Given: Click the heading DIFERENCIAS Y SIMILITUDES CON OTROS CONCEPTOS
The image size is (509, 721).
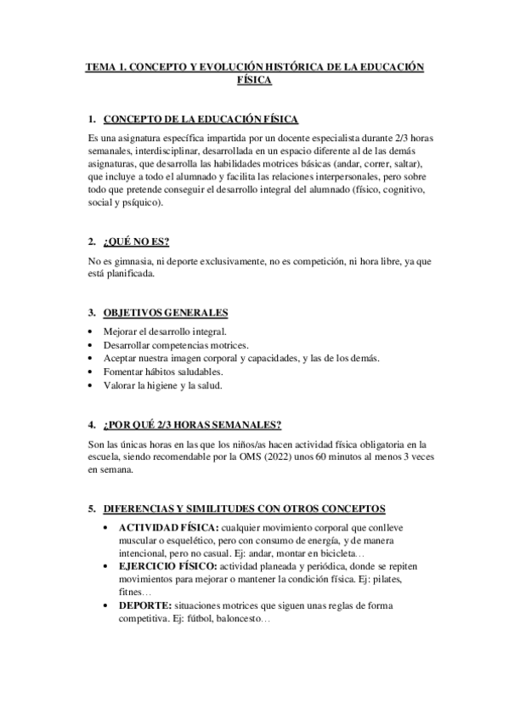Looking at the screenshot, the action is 243,508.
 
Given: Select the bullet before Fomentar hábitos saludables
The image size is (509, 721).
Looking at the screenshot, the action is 92,372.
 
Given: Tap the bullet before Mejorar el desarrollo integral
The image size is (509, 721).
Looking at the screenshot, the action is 92,331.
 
